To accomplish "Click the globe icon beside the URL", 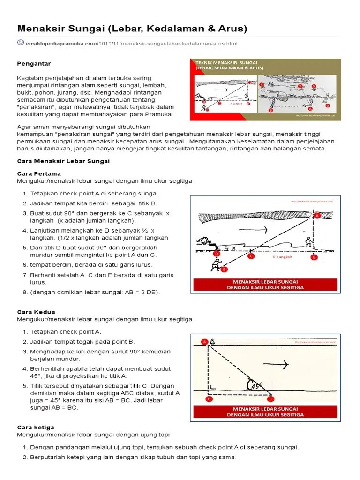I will (x=21, y=43).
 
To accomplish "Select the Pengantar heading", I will (x=34, y=63).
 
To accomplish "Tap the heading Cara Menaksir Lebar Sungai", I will (x=63, y=161).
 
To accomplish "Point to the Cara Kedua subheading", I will (x=36, y=312).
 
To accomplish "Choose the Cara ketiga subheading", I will (x=36, y=427).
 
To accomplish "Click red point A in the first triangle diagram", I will (x=317, y=216).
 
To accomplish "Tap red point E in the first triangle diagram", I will (x=224, y=270).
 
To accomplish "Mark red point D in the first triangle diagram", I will (x=217, y=254).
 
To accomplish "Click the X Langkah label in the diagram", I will (x=282, y=257).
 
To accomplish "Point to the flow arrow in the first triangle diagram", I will (x=253, y=230).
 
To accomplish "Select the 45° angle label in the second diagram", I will (x=256, y=385).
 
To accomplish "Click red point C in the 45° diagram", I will (x=270, y=399).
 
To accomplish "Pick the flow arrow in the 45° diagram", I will (x=277, y=364).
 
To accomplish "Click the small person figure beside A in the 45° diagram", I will (x=213, y=342).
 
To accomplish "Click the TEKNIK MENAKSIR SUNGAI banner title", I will (x=223, y=62).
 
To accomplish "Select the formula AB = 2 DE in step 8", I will (x=143, y=292).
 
